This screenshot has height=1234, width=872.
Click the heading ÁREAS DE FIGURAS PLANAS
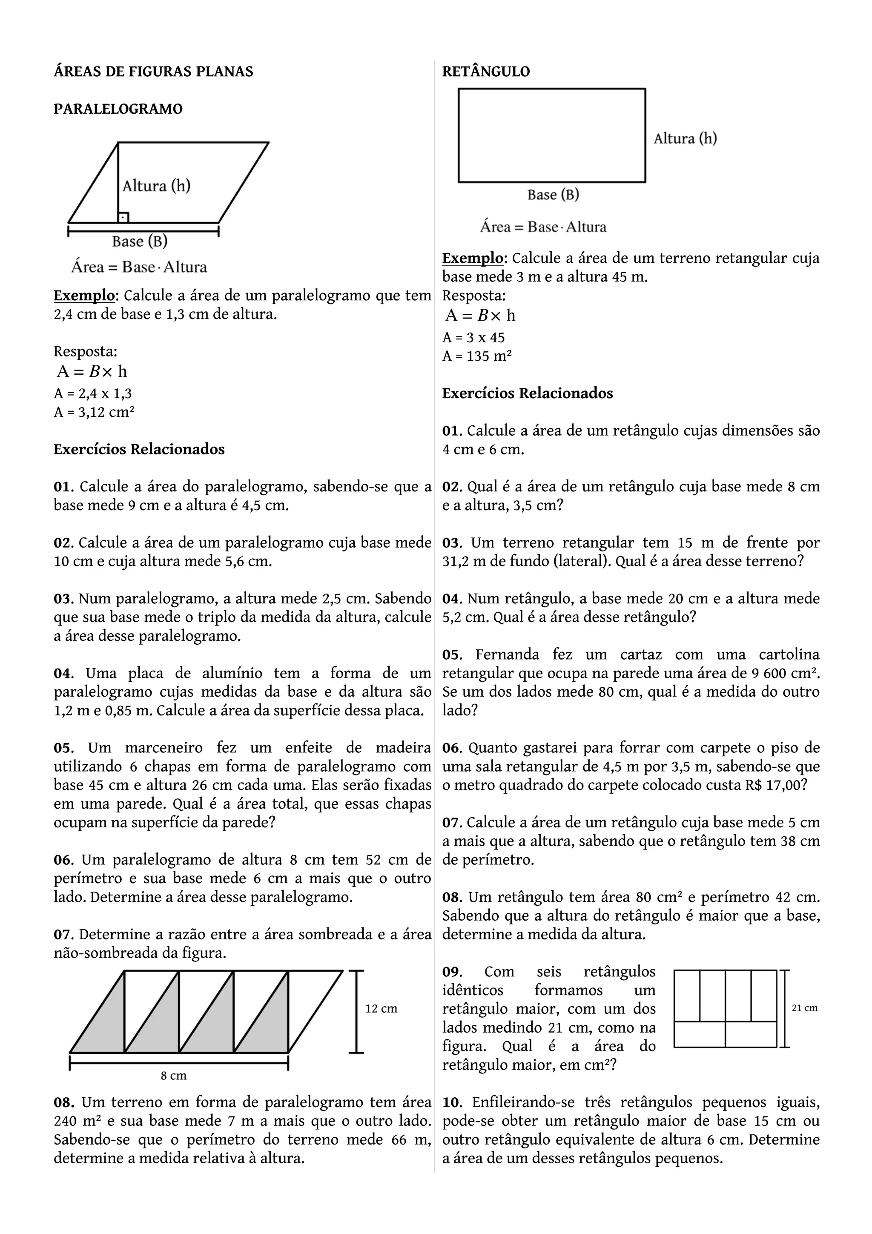point(153,72)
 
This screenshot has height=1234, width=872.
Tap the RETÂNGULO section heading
point(486,72)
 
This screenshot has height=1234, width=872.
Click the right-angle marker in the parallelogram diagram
point(123,217)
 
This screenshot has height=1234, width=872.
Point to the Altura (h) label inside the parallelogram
point(156,186)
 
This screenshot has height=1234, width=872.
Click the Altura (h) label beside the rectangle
point(685,139)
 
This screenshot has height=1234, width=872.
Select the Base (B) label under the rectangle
point(553,195)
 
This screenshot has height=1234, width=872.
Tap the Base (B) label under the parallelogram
point(140,241)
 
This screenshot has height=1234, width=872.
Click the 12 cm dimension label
point(381,1009)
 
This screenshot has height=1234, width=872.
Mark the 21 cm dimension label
point(804,1008)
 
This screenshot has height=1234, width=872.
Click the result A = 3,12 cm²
point(94,412)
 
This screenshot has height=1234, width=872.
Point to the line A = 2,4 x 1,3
point(92,393)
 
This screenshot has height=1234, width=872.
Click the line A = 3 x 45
point(473,338)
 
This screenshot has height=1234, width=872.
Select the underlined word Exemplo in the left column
point(84,296)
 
